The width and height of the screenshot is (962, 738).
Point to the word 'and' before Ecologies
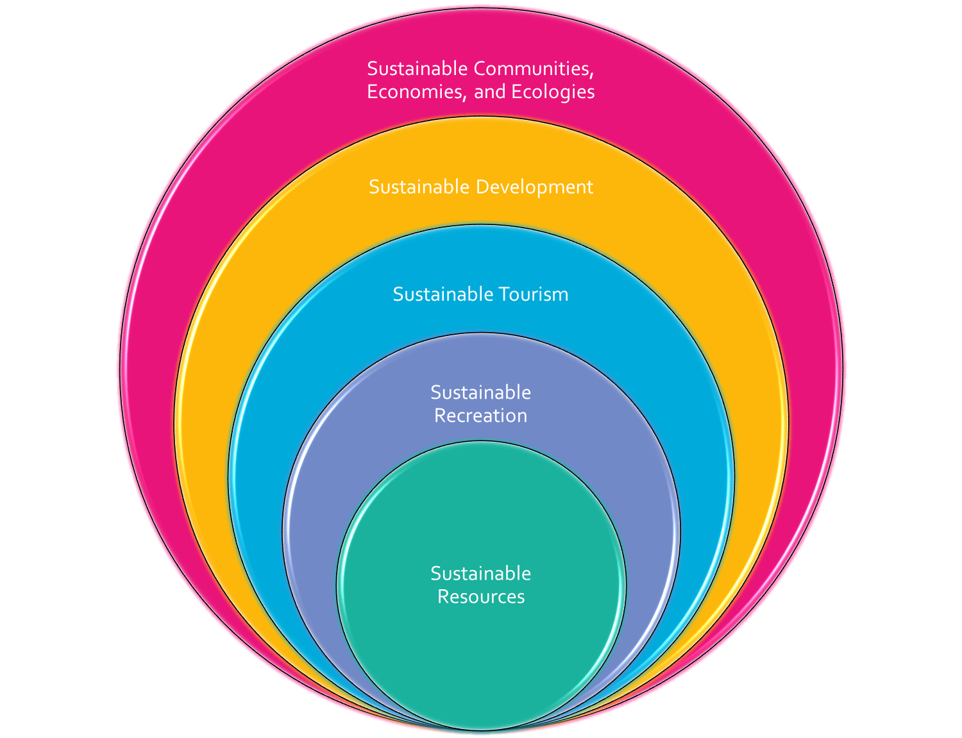pyautogui.click(x=490, y=92)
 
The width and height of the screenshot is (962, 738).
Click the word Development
pyautogui.click(x=534, y=187)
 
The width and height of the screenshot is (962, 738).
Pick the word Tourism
pyautogui.click(x=534, y=294)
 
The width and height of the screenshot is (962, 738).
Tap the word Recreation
pyautogui.click(x=480, y=415)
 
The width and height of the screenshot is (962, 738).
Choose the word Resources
pyautogui.click(x=481, y=597)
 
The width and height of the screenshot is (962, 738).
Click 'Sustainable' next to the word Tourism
pyautogui.click(x=443, y=294)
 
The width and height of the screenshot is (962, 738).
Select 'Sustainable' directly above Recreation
pyautogui.click(x=480, y=392)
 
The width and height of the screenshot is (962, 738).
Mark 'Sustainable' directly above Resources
pyautogui.click(x=480, y=573)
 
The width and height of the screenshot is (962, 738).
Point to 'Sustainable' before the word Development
pyautogui.click(x=419, y=187)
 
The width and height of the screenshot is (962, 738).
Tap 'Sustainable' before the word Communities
pyautogui.click(x=418, y=69)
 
